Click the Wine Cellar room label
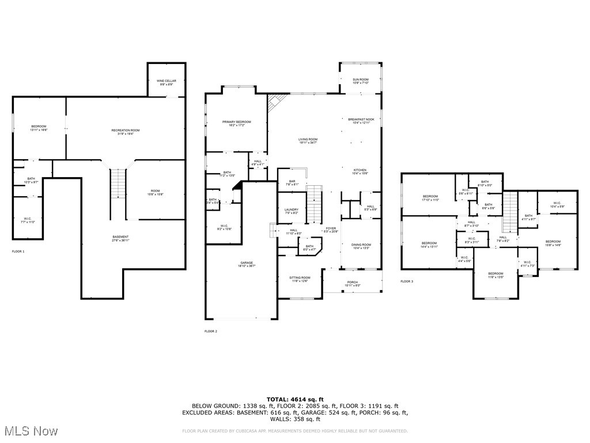point(167,81)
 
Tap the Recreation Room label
point(126,130)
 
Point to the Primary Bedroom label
point(237,122)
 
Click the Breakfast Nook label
point(361,119)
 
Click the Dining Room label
point(361,245)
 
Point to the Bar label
point(292,182)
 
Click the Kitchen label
point(360,170)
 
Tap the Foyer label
point(331,228)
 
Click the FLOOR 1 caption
point(18,251)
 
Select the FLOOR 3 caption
point(407,281)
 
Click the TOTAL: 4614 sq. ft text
point(295,399)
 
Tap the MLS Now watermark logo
point(29,431)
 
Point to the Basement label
point(120,237)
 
